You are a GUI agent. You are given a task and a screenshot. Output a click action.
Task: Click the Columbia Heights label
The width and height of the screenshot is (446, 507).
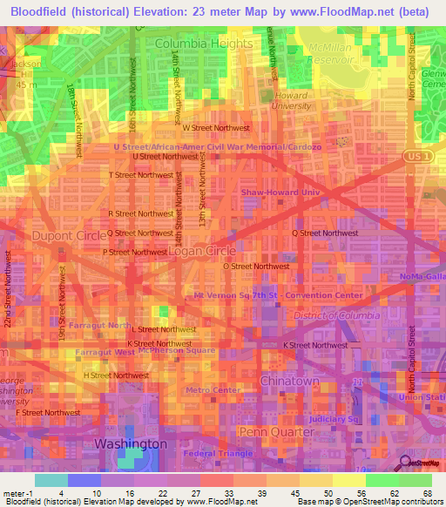coord(204,43)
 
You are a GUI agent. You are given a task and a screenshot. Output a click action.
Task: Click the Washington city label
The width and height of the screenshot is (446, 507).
coord(130,443)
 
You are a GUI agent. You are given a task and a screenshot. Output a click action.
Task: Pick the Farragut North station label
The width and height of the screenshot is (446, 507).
coord(105,324)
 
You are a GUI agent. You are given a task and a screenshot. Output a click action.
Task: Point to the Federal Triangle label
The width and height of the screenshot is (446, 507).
coord(218,454)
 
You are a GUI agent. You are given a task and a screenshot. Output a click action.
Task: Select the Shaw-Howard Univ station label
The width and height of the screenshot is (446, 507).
coord(280,193)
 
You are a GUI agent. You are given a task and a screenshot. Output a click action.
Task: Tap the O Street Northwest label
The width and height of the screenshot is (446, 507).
coord(256,266)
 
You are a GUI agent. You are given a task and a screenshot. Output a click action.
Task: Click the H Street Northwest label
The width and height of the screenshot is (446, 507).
coord(116,375)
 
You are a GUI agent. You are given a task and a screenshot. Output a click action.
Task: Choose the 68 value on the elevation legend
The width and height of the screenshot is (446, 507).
coord(427,494)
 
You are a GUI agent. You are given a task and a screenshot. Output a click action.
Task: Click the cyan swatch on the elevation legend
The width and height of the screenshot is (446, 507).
coord(51,480)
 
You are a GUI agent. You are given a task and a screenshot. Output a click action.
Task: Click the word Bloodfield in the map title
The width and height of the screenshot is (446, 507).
coord(43,10)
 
